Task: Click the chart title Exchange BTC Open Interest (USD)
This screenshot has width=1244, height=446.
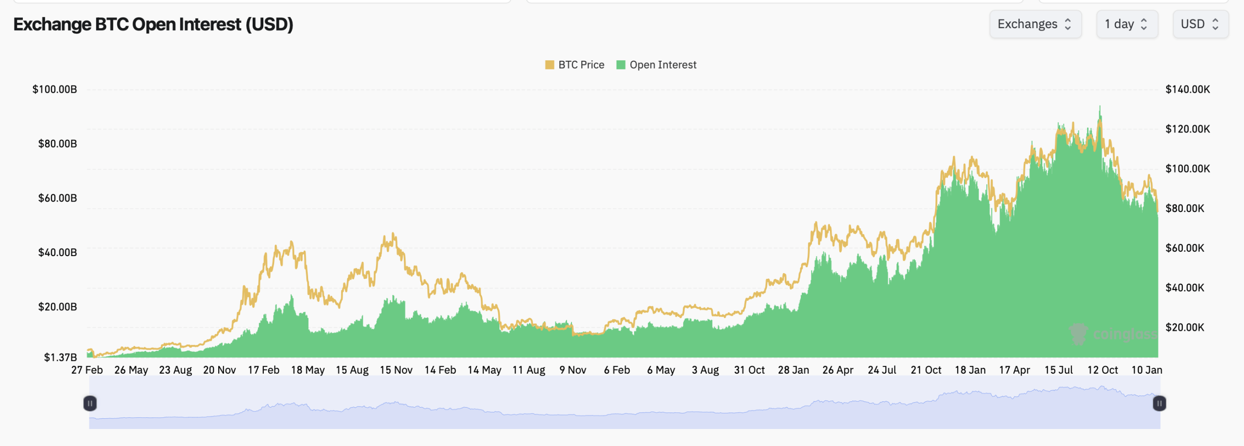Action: click(x=153, y=24)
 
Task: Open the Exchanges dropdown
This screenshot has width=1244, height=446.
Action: click(x=1035, y=24)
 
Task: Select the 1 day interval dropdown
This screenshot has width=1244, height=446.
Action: click(x=1127, y=24)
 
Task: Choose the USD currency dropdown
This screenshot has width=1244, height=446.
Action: click(x=1200, y=24)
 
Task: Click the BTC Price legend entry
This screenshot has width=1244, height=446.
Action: click(x=575, y=65)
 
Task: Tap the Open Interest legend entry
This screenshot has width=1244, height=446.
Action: click(x=657, y=65)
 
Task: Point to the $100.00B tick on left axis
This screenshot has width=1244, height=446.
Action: click(x=54, y=89)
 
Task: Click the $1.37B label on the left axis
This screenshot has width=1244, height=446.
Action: click(x=60, y=358)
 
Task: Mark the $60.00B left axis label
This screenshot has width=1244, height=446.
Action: click(x=57, y=198)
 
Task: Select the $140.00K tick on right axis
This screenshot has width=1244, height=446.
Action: click(x=1188, y=89)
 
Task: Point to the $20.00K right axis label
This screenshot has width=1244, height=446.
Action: click(x=1185, y=327)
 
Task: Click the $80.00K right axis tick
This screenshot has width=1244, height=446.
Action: click(x=1185, y=208)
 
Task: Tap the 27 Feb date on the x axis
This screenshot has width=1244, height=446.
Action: click(x=87, y=370)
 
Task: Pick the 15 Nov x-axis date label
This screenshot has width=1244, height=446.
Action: click(x=396, y=370)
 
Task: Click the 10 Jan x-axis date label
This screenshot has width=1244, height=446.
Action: click(x=1147, y=370)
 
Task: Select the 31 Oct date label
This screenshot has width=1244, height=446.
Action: click(x=749, y=370)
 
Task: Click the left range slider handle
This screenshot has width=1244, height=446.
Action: click(x=90, y=403)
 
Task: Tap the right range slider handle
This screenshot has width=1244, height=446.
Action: click(x=1159, y=403)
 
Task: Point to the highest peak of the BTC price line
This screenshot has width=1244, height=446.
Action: click(x=1100, y=106)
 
